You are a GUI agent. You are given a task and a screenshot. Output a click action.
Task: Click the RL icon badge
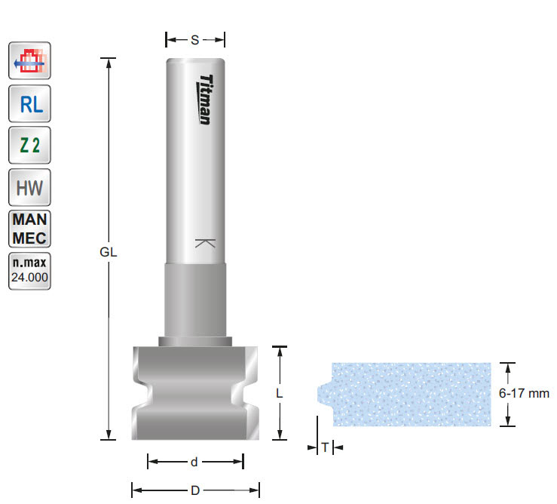point(30,104)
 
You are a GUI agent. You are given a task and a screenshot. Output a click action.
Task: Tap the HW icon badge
point(30,188)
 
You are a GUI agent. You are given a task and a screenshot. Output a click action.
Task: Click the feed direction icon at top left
point(30,61)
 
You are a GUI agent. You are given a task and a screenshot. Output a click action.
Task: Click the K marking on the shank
point(204,243)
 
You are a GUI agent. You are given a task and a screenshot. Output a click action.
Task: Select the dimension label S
point(194,40)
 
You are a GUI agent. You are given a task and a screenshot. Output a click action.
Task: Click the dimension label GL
point(109,254)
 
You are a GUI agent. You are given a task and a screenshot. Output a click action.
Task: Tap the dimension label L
point(280,393)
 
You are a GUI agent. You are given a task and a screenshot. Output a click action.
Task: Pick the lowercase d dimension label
point(194,461)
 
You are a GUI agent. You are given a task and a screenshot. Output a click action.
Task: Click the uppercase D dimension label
point(194,490)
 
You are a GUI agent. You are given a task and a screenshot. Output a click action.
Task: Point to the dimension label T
point(324,447)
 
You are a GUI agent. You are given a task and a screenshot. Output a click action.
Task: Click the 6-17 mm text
point(525,393)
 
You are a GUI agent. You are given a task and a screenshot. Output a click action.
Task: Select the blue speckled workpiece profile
point(411,394)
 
